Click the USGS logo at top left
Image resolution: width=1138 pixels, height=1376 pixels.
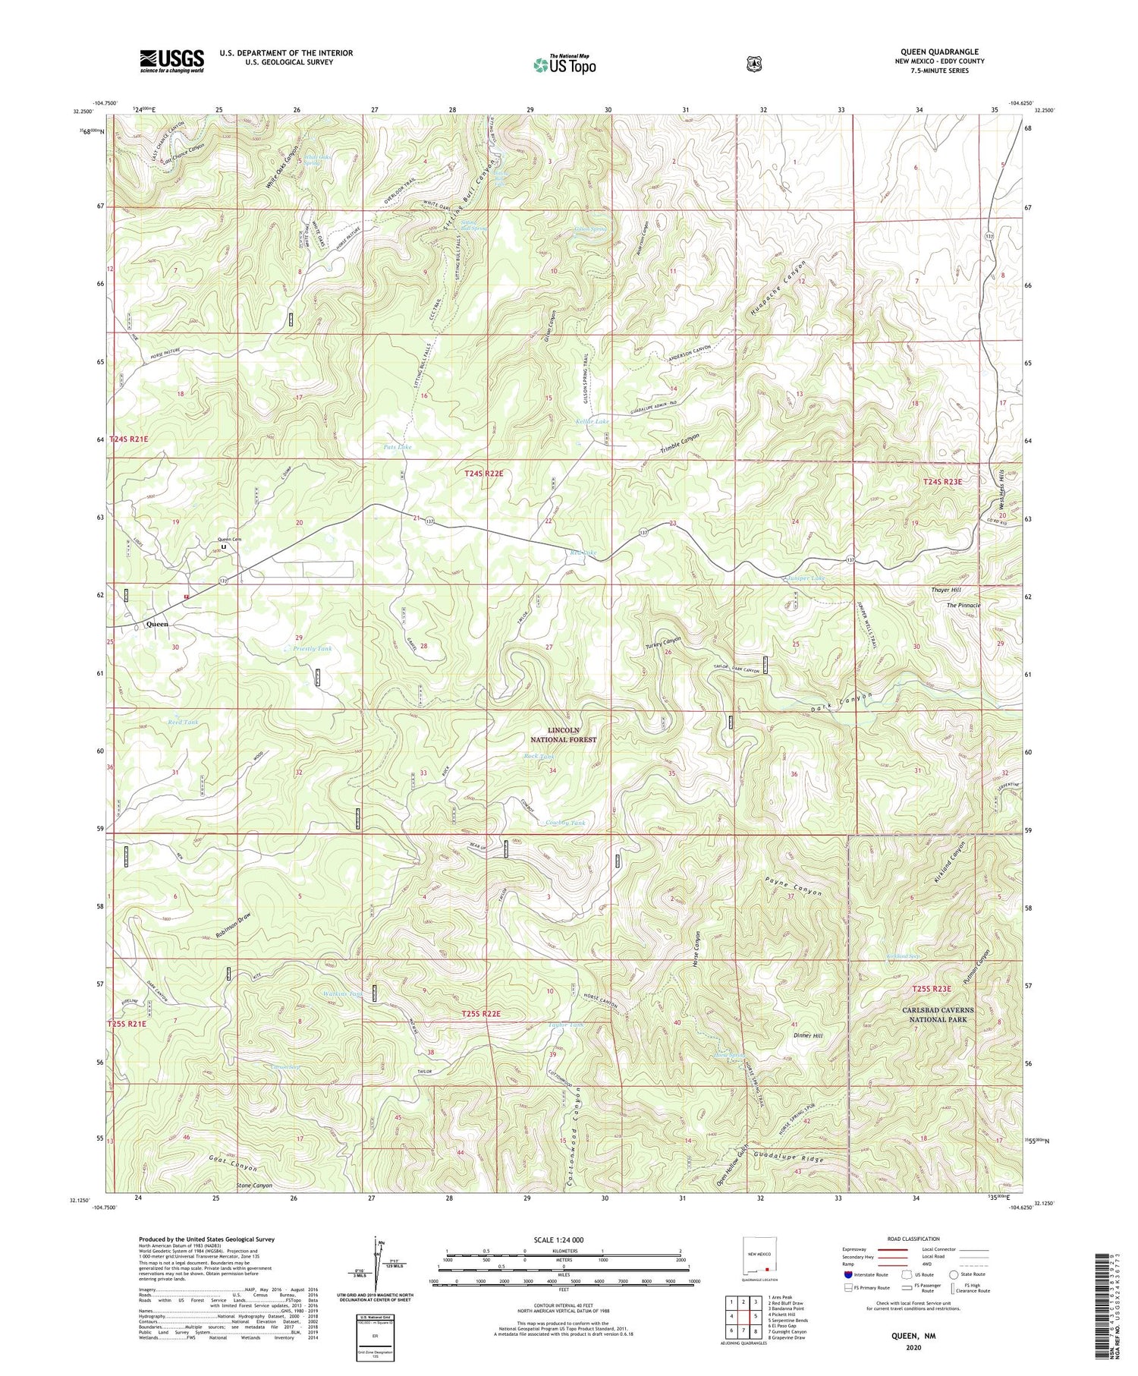(x=171, y=61)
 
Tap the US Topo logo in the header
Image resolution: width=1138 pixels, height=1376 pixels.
(x=564, y=65)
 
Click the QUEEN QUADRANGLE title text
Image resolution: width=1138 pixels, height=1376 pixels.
(x=938, y=52)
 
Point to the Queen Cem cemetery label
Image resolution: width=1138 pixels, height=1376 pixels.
(x=227, y=539)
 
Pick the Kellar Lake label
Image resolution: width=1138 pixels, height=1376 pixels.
(x=592, y=421)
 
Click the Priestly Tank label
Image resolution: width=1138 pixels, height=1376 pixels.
(x=313, y=649)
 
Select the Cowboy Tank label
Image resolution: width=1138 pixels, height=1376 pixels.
(x=565, y=823)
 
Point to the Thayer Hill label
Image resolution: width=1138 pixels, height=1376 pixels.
(x=945, y=590)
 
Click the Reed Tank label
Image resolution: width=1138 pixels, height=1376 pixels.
(x=183, y=722)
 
